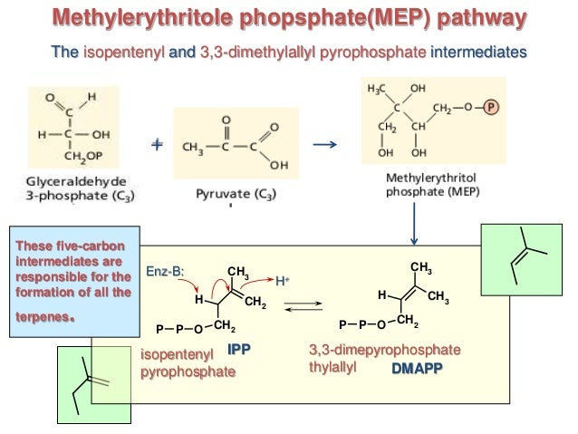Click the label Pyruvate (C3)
pos(233,194)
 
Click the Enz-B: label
pos(165,272)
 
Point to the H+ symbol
pos(282,280)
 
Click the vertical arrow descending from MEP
pos(412,223)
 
